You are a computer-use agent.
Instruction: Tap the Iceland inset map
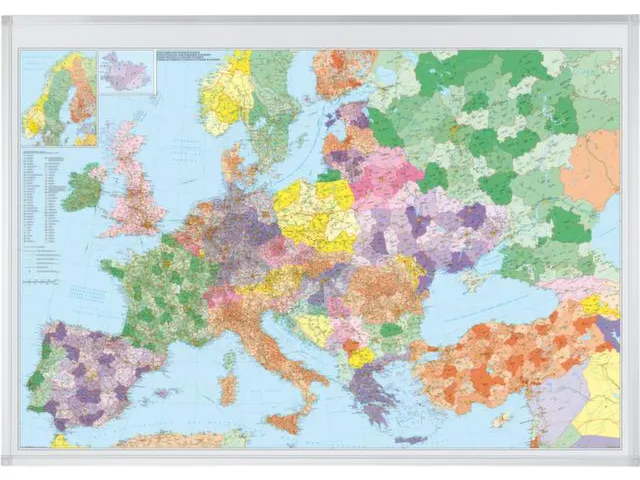[x=126, y=72]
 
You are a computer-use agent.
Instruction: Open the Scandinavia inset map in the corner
[x=58, y=98]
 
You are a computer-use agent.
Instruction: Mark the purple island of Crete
[x=410, y=439]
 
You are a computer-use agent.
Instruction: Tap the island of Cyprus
[x=501, y=419]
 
